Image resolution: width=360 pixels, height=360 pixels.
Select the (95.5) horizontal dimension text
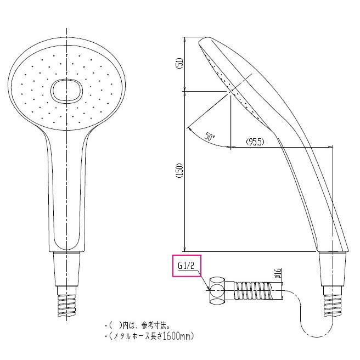[255, 142]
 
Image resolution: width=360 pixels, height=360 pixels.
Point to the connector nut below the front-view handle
[66, 271]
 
